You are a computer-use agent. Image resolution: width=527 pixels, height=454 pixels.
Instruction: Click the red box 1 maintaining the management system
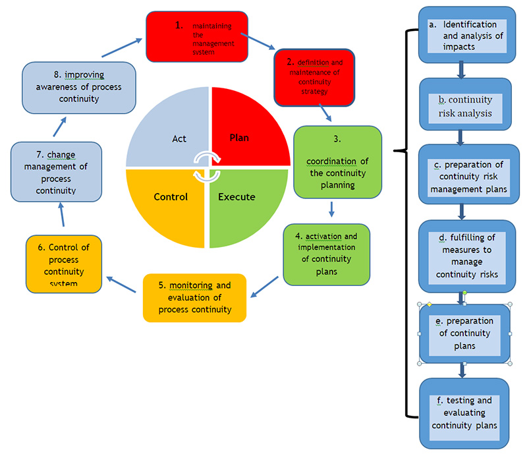[x=197, y=36]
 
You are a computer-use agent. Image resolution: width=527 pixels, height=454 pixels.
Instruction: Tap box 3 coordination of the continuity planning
[x=337, y=162]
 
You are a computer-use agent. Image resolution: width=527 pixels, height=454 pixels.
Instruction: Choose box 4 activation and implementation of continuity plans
[x=326, y=254]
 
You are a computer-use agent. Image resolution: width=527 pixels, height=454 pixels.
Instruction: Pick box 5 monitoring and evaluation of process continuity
[x=194, y=298]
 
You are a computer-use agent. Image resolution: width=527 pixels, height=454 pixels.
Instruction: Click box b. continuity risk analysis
[x=465, y=106]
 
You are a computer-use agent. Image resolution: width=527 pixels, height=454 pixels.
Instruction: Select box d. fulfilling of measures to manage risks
[x=465, y=256]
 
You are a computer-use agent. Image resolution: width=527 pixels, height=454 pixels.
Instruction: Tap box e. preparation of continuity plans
[x=465, y=332]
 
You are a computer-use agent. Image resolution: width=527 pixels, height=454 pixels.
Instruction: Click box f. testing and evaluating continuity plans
[x=465, y=412]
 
